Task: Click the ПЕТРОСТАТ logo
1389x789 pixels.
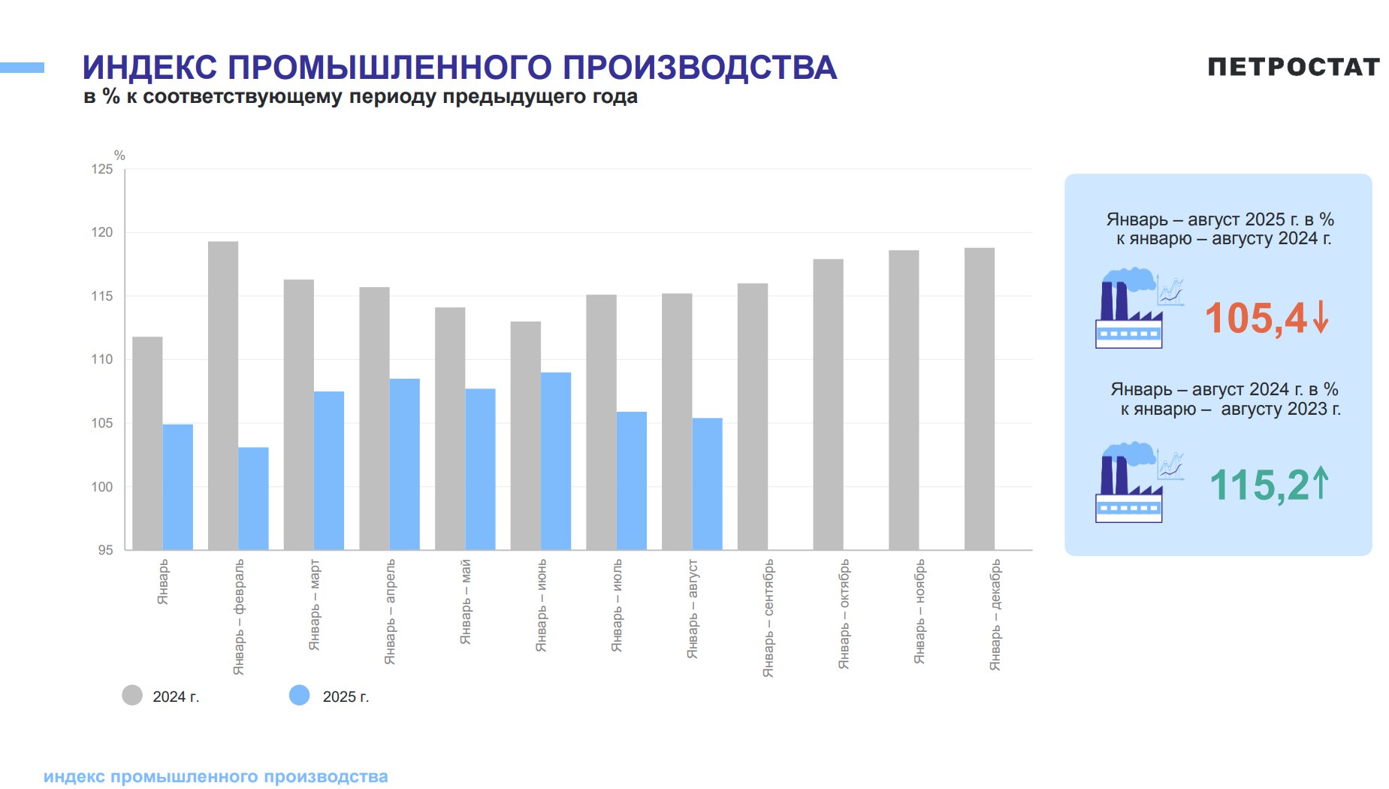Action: (1293, 67)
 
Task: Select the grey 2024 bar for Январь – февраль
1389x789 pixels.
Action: (223, 396)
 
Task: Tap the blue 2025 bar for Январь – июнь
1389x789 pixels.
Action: (556, 461)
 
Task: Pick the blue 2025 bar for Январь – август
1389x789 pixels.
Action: (707, 484)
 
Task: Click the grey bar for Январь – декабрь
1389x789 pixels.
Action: (980, 399)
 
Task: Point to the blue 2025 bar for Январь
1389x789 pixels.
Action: (178, 487)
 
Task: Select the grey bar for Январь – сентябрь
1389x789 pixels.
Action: (753, 416)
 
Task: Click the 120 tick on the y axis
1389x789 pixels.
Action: (102, 233)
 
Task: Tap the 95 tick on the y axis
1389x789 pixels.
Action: (105, 550)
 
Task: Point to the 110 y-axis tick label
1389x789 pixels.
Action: (102, 360)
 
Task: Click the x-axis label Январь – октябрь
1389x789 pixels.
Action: (844, 614)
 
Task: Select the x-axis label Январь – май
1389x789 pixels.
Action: (466, 601)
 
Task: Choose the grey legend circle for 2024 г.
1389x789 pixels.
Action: (132, 695)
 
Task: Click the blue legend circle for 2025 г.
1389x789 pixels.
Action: (299, 695)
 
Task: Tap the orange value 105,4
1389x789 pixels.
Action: (1256, 319)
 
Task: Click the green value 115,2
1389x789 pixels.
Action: (1260, 485)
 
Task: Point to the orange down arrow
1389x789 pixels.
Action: (1321, 317)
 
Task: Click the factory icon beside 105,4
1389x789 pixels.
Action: (1139, 308)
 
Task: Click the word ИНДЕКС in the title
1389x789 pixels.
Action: (150, 68)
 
